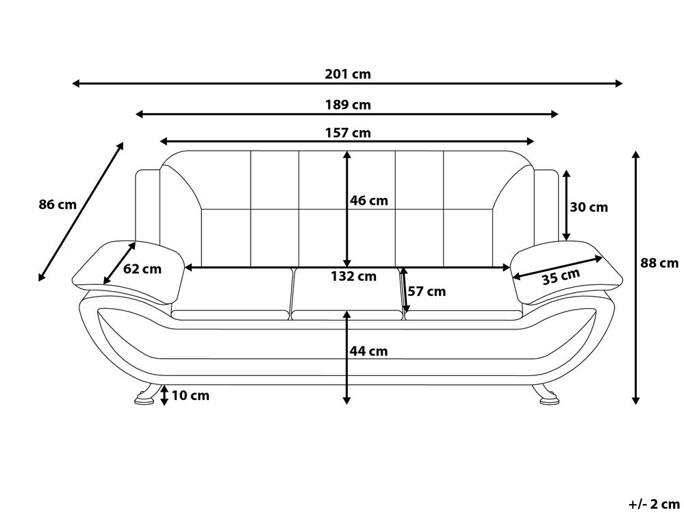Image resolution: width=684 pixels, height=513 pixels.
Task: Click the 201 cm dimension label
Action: pyautogui.click(x=348, y=74)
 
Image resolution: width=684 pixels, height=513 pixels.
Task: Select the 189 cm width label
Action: pyautogui.click(x=348, y=105)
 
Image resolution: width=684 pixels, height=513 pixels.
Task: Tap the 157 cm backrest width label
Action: pyautogui.click(x=348, y=132)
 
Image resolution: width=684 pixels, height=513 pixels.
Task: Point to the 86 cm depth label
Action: pyautogui.click(x=58, y=203)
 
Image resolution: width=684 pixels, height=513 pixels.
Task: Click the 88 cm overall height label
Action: pyautogui.click(x=659, y=262)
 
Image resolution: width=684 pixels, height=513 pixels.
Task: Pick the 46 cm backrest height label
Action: pyautogui.click(x=368, y=201)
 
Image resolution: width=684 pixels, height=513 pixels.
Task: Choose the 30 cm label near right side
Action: pyautogui.click(x=589, y=207)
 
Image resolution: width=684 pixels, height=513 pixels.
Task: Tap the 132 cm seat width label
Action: pyautogui.click(x=353, y=276)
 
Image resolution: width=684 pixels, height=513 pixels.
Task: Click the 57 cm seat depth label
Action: pyautogui.click(x=427, y=291)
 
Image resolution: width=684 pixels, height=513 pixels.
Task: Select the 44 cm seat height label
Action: pyautogui.click(x=368, y=351)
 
